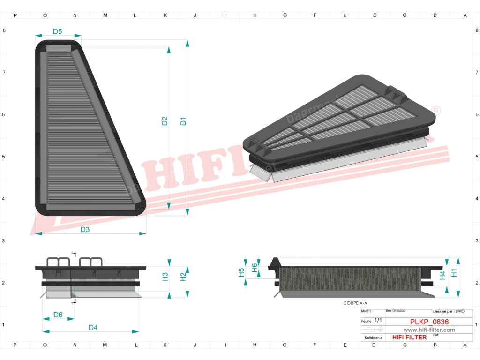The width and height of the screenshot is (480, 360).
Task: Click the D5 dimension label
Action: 57,32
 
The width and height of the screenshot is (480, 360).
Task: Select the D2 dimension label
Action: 165,120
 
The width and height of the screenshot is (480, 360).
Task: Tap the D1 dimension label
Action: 183,120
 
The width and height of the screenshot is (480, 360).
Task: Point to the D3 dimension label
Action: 85,230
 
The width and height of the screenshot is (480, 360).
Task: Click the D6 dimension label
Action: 58,315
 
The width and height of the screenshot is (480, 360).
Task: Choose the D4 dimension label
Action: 93,328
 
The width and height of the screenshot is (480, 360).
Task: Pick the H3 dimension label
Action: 165,277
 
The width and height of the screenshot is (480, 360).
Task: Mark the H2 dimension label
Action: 183,277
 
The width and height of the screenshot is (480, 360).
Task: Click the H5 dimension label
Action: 241,272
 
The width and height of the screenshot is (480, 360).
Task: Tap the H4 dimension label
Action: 442,275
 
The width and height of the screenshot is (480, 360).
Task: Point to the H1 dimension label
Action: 454,273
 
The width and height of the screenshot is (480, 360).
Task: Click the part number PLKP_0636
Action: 429,322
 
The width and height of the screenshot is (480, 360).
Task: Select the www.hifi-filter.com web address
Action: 429,330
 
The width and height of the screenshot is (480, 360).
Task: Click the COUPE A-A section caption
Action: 355,303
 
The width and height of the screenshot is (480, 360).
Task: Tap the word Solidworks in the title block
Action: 374,337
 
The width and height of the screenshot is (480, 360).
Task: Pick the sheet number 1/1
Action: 378,321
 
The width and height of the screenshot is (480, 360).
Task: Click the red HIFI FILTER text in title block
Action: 409,337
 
